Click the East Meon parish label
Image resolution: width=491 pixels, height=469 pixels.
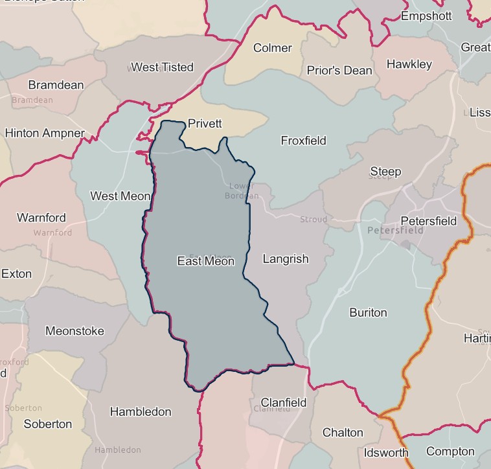(x=205, y=261)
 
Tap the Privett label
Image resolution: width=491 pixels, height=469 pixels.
(x=205, y=124)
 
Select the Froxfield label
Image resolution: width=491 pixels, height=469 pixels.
(x=303, y=141)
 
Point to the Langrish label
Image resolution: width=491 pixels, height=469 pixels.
(x=286, y=259)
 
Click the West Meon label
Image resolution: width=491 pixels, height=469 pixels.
(x=120, y=196)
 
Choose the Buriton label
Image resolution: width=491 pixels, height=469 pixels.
(x=368, y=312)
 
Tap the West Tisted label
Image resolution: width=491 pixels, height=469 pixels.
(x=162, y=67)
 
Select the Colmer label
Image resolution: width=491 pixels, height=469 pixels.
(x=273, y=48)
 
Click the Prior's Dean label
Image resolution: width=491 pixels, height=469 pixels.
(x=339, y=71)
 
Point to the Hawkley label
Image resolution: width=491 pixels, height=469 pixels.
(x=409, y=64)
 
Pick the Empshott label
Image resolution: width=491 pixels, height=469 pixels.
(x=426, y=16)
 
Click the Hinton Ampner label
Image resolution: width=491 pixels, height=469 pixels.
(x=45, y=133)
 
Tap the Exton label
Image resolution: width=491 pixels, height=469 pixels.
(x=16, y=273)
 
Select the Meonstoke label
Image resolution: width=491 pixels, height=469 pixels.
(x=74, y=331)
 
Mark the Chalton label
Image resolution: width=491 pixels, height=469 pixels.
(x=343, y=432)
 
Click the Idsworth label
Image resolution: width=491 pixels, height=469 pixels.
(x=386, y=452)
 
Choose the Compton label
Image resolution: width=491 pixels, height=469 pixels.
(x=450, y=452)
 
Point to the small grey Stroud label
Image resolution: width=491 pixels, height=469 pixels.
(x=314, y=220)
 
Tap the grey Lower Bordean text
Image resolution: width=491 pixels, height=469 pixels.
(x=242, y=191)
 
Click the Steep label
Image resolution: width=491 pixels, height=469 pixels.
(x=385, y=172)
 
